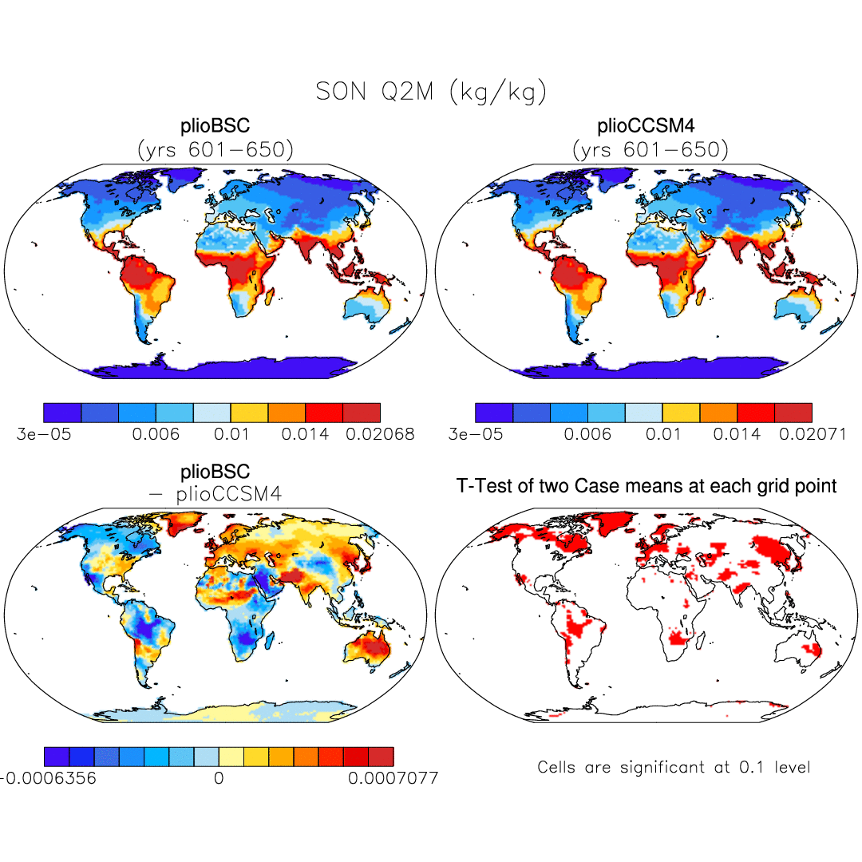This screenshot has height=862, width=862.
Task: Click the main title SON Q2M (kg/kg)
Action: point(431,92)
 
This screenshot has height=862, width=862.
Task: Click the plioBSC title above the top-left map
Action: point(215,127)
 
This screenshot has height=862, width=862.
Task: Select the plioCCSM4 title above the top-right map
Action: point(646,127)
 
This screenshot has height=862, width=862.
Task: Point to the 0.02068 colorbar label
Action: point(380,435)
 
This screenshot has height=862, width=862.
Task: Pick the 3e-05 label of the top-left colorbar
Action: point(45,435)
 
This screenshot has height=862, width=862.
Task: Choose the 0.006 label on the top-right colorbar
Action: point(588,435)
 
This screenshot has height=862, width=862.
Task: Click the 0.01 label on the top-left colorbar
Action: point(231,435)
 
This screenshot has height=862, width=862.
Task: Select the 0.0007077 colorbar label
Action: point(393,777)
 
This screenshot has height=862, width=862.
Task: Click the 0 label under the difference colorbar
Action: point(219,777)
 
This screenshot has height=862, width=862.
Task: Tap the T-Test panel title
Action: point(646,485)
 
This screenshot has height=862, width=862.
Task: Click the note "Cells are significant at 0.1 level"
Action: point(674,768)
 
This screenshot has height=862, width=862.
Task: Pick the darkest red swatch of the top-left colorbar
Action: point(361,413)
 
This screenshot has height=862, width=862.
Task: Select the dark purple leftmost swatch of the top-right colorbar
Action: point(494,413)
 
